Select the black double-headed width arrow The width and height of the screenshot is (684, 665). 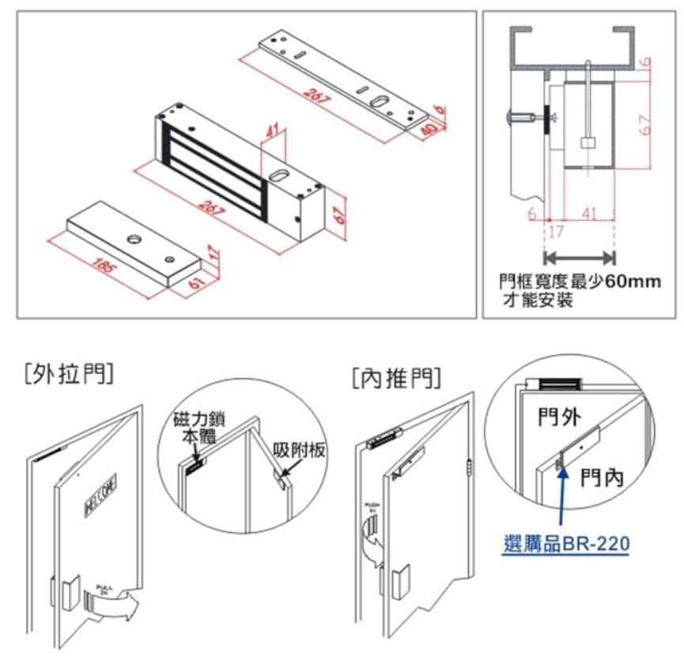580,257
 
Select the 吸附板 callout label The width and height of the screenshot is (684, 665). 298,449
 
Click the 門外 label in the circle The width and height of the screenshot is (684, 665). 556,416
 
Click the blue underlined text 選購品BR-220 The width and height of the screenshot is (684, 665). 565,545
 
